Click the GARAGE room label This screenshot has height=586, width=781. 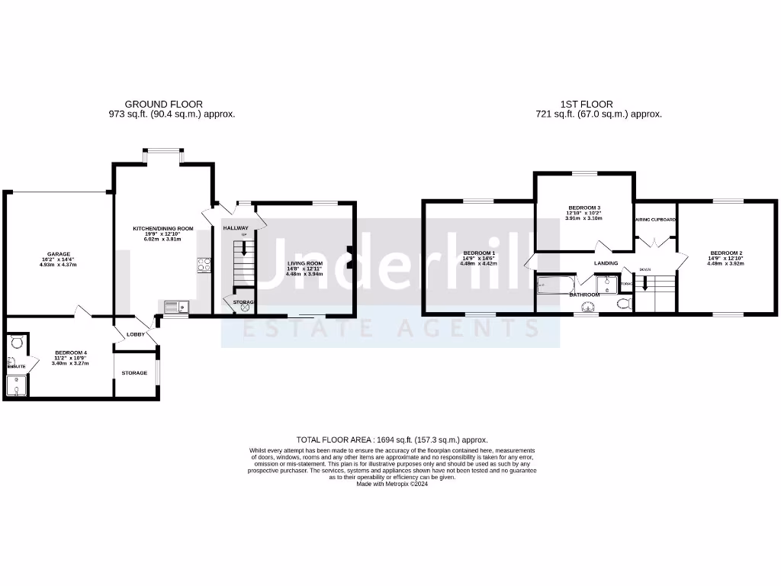[x=59, y=253]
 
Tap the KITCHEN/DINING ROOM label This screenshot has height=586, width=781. [x=163, y=229]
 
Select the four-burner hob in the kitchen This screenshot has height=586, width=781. [x=204, y=266]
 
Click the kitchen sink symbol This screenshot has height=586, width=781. [x=174, y=307]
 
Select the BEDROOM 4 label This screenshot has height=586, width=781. [x=70, y=353]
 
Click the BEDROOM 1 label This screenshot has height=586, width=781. [x=478, y=253]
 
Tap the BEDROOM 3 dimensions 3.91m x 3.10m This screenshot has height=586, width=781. [x=584, y=218]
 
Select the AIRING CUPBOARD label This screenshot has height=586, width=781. [x=655, y=219]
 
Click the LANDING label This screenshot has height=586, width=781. [x=606, y=264]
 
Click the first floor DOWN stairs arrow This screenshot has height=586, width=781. [x=645, y=284]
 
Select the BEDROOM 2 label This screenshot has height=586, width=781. [x=725, y=253]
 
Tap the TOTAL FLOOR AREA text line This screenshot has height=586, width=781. [x=391, y=439]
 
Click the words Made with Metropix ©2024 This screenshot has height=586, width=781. [x=391, y=484]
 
